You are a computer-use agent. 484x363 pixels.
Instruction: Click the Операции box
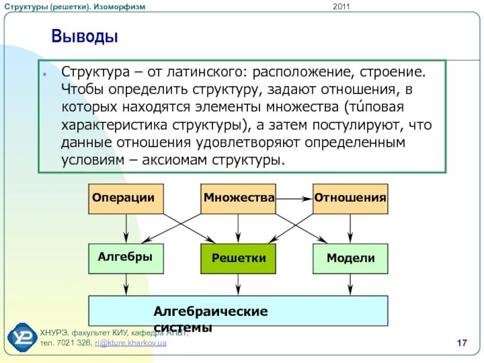pos(126,198)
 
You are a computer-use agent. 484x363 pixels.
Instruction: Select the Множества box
pos(238,198)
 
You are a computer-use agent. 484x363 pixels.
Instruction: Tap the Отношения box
pos(350,198)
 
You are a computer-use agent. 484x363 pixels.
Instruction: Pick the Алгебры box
pos(126,258)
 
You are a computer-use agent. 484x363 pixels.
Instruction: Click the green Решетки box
pos(238,258)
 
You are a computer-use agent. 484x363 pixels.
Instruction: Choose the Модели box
pos(350,258)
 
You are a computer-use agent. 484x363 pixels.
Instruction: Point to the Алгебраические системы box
pos(238,311)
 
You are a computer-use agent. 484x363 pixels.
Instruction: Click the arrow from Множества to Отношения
pos(294,198)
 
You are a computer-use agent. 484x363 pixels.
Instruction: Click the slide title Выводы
pos(84,37)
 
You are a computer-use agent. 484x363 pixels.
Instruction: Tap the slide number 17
pos(462,344)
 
